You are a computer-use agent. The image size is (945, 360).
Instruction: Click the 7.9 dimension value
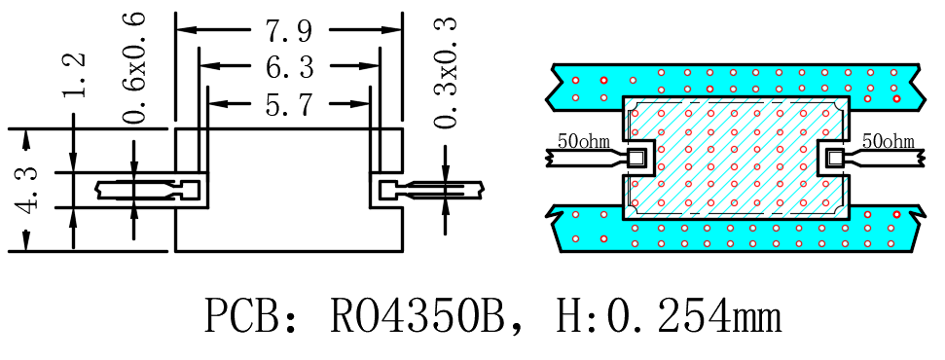point(289,30)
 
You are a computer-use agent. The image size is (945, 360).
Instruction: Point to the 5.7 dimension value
point(289,103)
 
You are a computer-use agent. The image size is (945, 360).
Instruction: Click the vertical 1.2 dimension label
point(75,75)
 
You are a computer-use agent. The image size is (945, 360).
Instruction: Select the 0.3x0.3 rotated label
point(446,72)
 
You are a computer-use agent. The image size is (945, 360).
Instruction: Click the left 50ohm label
point(583,142)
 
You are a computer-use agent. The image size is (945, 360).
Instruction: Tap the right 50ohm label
point(889,142)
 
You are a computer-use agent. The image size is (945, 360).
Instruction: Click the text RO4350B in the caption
point(418,315)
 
